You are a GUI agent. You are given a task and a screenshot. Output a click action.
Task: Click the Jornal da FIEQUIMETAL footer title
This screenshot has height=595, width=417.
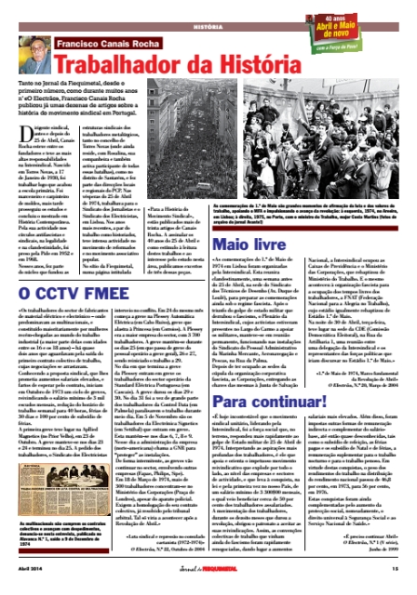(208, 586)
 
